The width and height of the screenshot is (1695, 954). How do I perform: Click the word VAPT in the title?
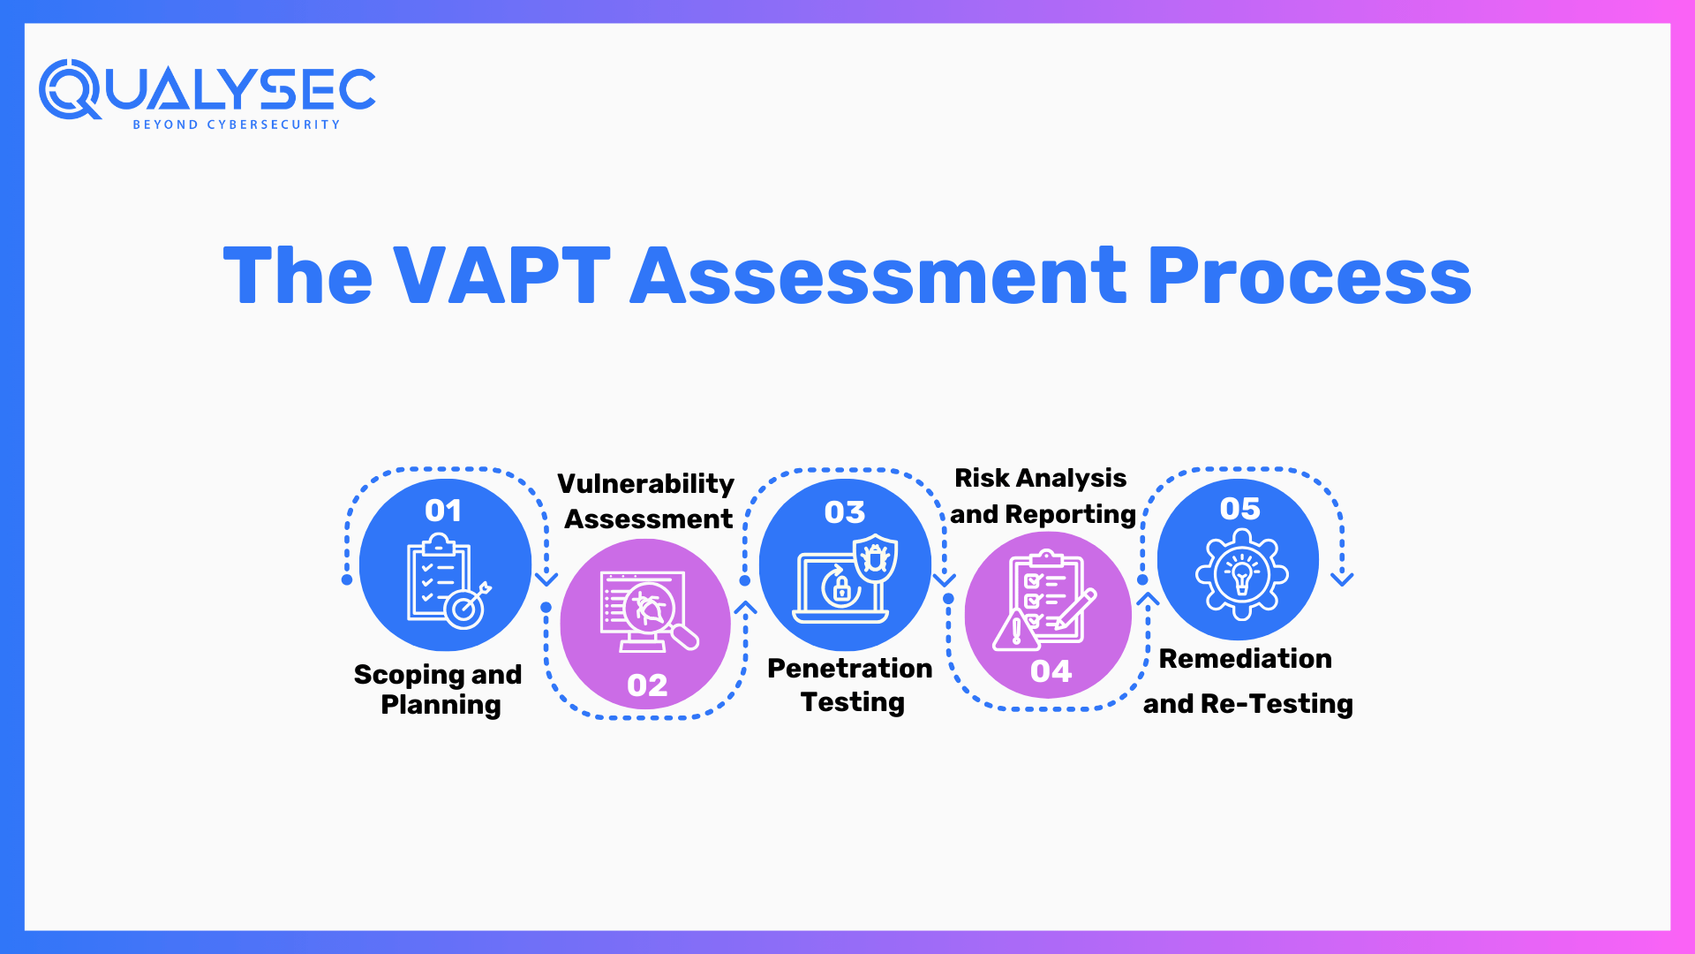pyautogui.click(x=501, y=276)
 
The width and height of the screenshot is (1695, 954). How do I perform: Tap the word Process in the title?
pyautogui.click(x=1308, y=276)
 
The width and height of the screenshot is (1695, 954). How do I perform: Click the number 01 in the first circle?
pyautogui.click(x=443, y=511)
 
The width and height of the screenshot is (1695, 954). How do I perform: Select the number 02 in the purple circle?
pyautogui.click(x=647, y=685)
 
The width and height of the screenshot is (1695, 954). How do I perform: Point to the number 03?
pyautogui.click(x=845, y=512)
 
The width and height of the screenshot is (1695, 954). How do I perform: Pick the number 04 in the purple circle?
pyautogui.click(x=1051, y=671)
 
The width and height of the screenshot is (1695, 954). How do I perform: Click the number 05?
pyautogui.click(x=1239, y=509)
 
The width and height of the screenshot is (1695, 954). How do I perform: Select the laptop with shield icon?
pyautogui.click(x=845, y=579)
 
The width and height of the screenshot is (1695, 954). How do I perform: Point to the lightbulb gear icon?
pyautogui.click(x=1241, y=574)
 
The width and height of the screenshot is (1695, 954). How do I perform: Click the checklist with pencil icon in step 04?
pyautogui.click(x=1045, y=601)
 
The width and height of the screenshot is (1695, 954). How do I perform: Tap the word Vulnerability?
pyautogui.click(x=645, y=484)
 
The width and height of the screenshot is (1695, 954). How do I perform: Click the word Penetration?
pyautogui.click(x=849, y=669)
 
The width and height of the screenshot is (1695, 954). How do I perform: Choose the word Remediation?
pyautogui.click(x=1245, y=659)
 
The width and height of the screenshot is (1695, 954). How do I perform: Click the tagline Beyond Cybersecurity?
pyautogui.click(x=236, y=125)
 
